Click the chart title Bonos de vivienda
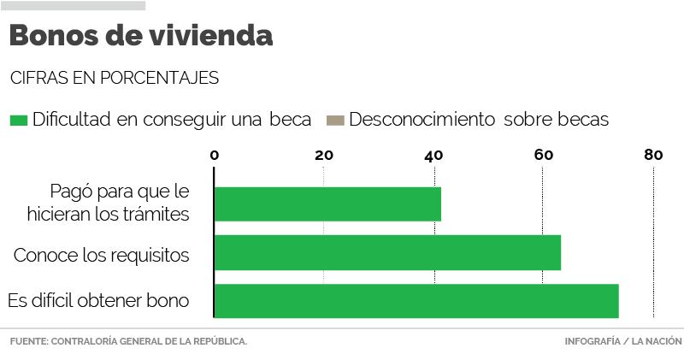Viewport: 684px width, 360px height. pos(141,37)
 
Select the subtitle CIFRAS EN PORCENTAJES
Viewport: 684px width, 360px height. pos(115,78)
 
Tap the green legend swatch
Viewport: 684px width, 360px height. pos(18,120)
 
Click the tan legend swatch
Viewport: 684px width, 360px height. pos(334,120)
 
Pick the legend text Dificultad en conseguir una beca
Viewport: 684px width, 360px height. pos(172,120)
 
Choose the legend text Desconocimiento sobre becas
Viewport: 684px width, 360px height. pos(479,120)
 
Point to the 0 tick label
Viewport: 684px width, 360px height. pos(215,155)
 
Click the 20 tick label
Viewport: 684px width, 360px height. pos(323,155)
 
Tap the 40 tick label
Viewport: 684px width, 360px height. pos(433,155)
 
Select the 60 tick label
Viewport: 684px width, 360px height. pos(543,155)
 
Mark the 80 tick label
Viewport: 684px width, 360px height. pos(653,155)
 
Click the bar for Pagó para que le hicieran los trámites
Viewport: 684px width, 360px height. pos(327,204)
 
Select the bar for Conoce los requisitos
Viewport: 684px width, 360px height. pos(387,252)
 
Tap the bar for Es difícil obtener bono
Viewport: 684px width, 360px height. pos(416,301)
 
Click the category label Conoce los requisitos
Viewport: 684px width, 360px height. pos(101,255)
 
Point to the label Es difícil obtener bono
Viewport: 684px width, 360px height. pos(98,301)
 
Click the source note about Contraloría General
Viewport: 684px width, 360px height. pos(128,342)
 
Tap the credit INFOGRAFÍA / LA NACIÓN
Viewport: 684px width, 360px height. pos(623,342)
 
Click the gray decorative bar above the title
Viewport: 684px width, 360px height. pos(73,5)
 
